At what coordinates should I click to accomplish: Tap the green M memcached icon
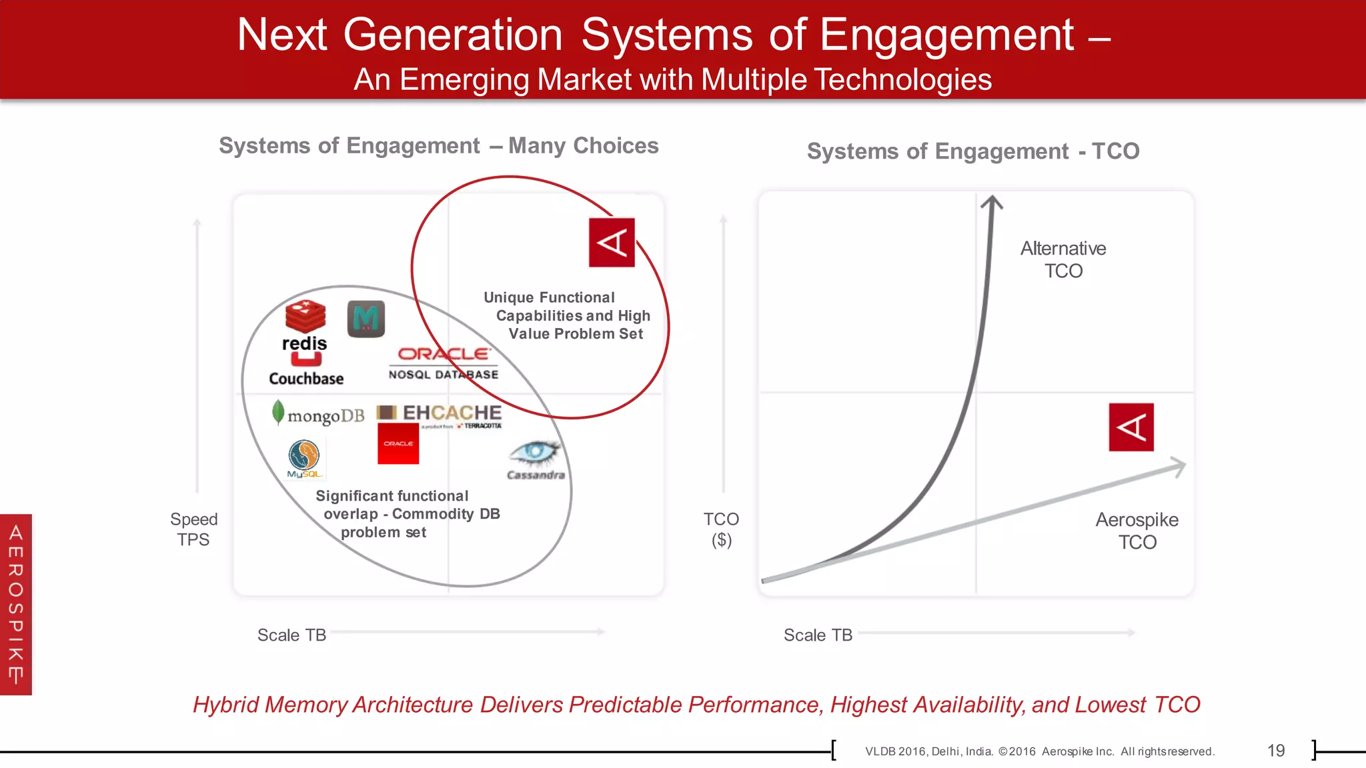click(366, 319)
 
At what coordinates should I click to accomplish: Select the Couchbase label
click(306, 378)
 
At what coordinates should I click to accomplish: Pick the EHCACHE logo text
click(452, 413)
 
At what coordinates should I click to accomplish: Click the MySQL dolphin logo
click(304, 458)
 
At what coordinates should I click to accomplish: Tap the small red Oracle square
click(398, 444)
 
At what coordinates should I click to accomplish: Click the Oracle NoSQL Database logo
click(444, 363)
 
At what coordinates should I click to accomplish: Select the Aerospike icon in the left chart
click(612, 242)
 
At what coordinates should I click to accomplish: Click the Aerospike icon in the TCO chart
click(1131, 427)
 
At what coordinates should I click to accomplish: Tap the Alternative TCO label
click(1063, 259)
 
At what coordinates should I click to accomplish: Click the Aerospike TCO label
click(1137, 531)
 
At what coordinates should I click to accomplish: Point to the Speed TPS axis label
click(193, 529)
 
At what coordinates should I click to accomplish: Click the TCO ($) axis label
click(721, 529)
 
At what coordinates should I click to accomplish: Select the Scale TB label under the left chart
click(291, 635)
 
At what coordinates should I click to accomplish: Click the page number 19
click(1275, 751)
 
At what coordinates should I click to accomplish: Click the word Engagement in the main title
click(946, 35)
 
